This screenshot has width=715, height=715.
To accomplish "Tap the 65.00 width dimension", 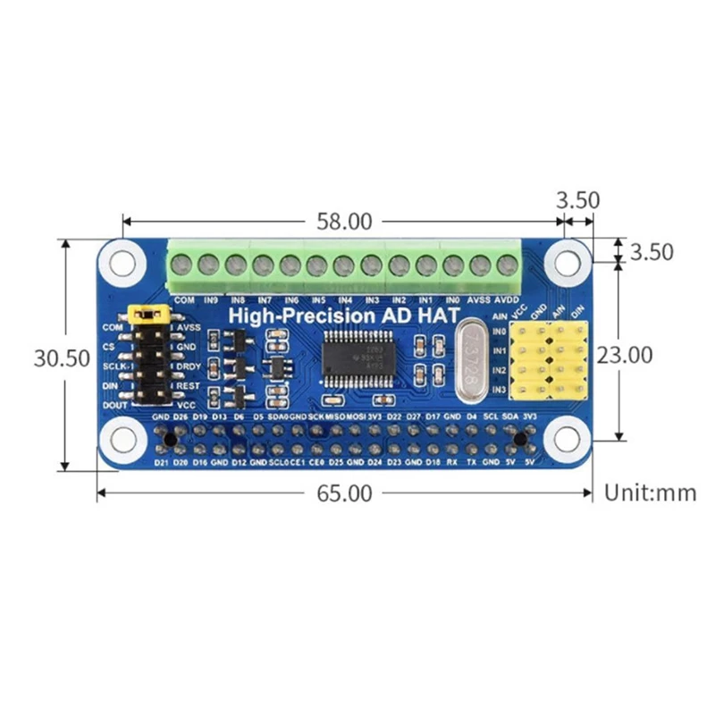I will [x=345, y=492].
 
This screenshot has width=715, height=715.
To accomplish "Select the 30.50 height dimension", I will [x=61, y=357].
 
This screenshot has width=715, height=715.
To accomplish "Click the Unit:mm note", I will [x=650, y=492].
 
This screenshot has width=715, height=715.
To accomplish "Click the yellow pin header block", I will [x=552, y=360].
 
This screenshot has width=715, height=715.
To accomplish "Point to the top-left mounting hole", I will [x=119, y=264].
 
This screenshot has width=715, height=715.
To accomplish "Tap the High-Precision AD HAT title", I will [x=345, y=315].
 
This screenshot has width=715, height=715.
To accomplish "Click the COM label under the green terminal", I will [x=185, y=300].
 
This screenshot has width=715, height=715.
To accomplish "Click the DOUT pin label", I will [x=115, y=405].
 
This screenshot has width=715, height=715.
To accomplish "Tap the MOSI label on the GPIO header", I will [x=355, y=416].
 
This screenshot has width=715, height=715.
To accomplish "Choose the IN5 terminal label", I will [x=318, y=300].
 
